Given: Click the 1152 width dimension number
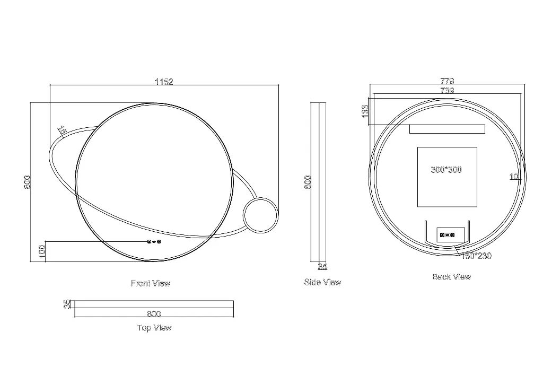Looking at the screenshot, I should (x=164, y=82).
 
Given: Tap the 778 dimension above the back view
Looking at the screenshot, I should (x=447, y=81).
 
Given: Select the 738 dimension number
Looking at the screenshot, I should (x=447, y=91).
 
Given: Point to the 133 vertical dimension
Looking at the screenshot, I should (x=365, y=111).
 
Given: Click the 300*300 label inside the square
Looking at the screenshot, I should (x=446, y=170).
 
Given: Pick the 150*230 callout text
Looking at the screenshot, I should (x=476, y=256).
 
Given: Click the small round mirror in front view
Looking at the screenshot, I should (x=260, y=215).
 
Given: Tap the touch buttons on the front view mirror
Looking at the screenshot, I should (x=154, y=242).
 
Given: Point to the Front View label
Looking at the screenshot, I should (x=151, y=283).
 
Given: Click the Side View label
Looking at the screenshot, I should (x=322, y=282).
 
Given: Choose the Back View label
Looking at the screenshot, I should (x=451, y=276).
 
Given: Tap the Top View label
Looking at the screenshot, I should (x=154, y=328).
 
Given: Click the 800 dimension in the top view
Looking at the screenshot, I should (x=154, y=313).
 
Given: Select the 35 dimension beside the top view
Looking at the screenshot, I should (x=67, y=304).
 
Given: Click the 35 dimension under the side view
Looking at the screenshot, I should (x=322, y=267).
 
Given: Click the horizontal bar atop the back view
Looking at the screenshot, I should (x=447, y=129).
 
